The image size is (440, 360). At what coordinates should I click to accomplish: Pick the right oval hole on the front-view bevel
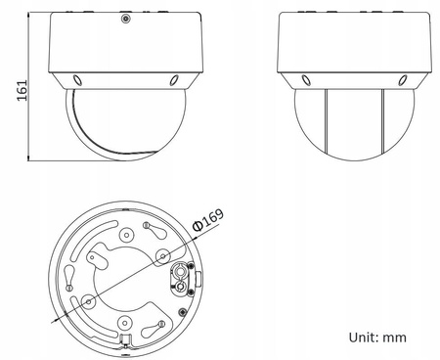174,82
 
